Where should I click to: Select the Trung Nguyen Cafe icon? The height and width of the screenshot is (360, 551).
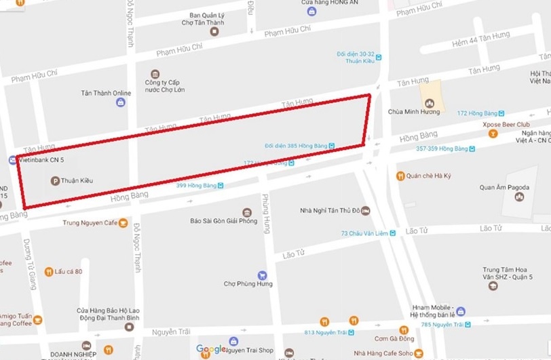[123, 222]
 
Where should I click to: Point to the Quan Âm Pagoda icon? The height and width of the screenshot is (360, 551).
[519, 197]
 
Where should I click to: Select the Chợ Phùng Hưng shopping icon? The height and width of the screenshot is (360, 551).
[248, 273]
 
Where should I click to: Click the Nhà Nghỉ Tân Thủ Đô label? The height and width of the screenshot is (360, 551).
[330, 210]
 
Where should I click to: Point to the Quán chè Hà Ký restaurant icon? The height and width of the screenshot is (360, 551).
[400, 176]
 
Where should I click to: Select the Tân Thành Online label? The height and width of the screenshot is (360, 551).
[106, 93]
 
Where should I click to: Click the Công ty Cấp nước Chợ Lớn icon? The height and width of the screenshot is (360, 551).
[155, 73]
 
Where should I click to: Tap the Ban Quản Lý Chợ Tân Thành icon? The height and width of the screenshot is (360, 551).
[214, 31]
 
